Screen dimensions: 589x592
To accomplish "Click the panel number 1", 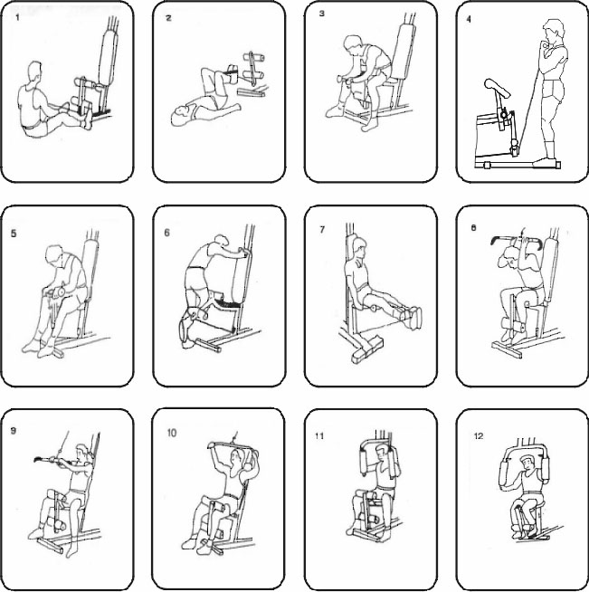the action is tap(17, 17).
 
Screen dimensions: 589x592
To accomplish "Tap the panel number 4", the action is tap(469, 19).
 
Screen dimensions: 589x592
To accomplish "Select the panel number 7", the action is tap(322, 229).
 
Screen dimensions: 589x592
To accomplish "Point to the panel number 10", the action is tap(172, 433).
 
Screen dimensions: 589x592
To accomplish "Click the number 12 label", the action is tap(479, 436).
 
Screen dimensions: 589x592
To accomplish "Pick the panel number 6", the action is tap(166, 233).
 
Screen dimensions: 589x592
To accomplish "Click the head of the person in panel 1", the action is tap(34, 72).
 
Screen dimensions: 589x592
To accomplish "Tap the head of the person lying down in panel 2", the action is tap(181, 115).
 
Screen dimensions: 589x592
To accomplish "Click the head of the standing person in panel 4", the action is tap(554, 33).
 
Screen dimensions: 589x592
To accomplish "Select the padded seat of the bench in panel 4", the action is tap(498, 88).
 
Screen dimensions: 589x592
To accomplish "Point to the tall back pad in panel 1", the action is tap(109, 59).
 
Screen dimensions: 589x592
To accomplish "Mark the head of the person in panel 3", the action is tap(355, 45).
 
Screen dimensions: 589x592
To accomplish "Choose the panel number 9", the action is tap(14, 431).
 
